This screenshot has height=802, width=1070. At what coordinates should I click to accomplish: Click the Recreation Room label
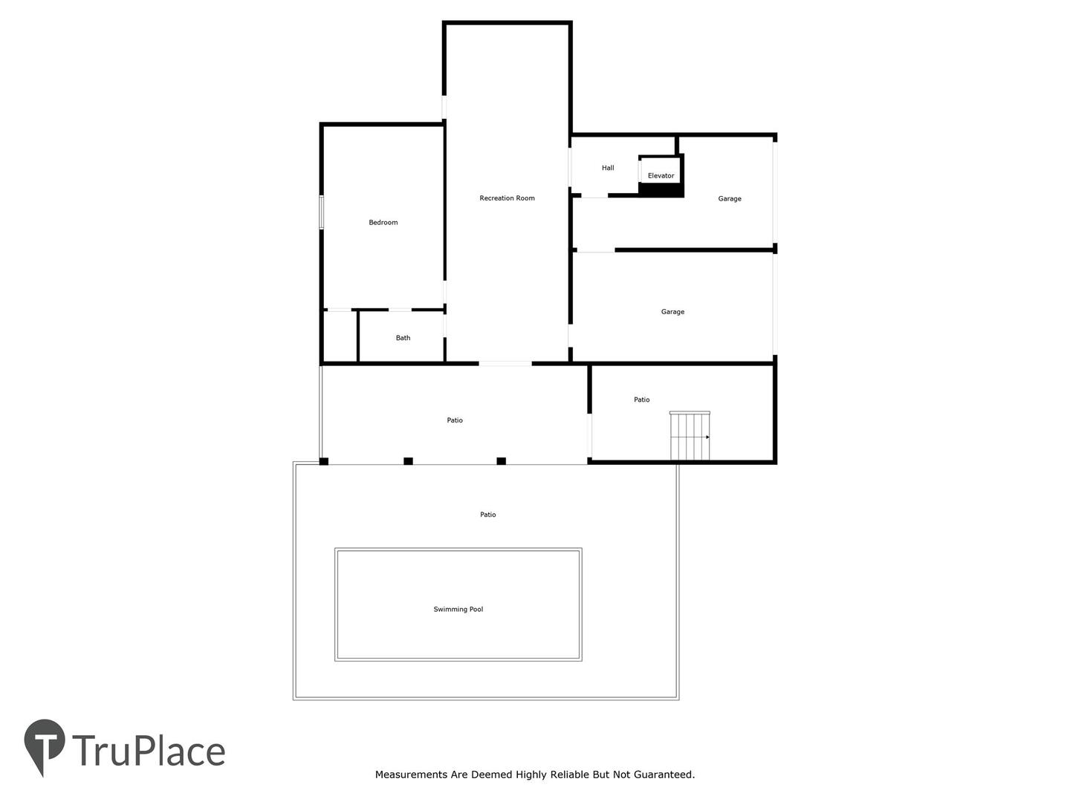[x=507, y=198]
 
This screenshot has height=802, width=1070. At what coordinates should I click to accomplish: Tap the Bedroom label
[x=383, y=222]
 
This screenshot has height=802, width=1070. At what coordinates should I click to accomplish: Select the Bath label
[x=403, y=337]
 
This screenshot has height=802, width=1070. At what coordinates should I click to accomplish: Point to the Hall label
[x=607, y=168]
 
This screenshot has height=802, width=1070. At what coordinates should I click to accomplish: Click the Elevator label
[x=661, y=175]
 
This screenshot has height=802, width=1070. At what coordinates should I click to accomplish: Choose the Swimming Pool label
[x=458, y=609]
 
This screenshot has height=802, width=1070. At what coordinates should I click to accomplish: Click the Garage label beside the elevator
[x=729, y=198]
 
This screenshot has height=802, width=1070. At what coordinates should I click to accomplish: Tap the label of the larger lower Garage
[x=672, y=311]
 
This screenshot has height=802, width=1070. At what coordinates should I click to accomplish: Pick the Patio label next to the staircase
[x=641, y=400]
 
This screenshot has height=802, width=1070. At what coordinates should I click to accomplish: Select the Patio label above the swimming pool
[x=487, y=514]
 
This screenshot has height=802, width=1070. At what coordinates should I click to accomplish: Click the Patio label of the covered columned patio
[x=454, y=420]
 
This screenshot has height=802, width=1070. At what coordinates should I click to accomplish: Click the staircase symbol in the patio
[x=690, y=435]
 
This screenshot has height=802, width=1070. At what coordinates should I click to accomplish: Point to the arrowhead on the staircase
[x=707, y=437]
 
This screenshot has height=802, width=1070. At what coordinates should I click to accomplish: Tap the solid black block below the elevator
[x=661, y=190]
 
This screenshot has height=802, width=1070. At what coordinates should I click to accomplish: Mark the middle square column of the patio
[x=408, y=460]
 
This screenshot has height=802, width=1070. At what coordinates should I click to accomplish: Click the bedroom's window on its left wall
[x=321, y=212]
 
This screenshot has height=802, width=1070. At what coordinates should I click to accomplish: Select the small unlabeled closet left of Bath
[x=340, y=336]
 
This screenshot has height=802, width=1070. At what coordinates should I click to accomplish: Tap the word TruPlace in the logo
[x=149, y=751]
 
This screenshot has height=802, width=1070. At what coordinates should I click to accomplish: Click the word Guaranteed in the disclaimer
[x=664, y=774]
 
